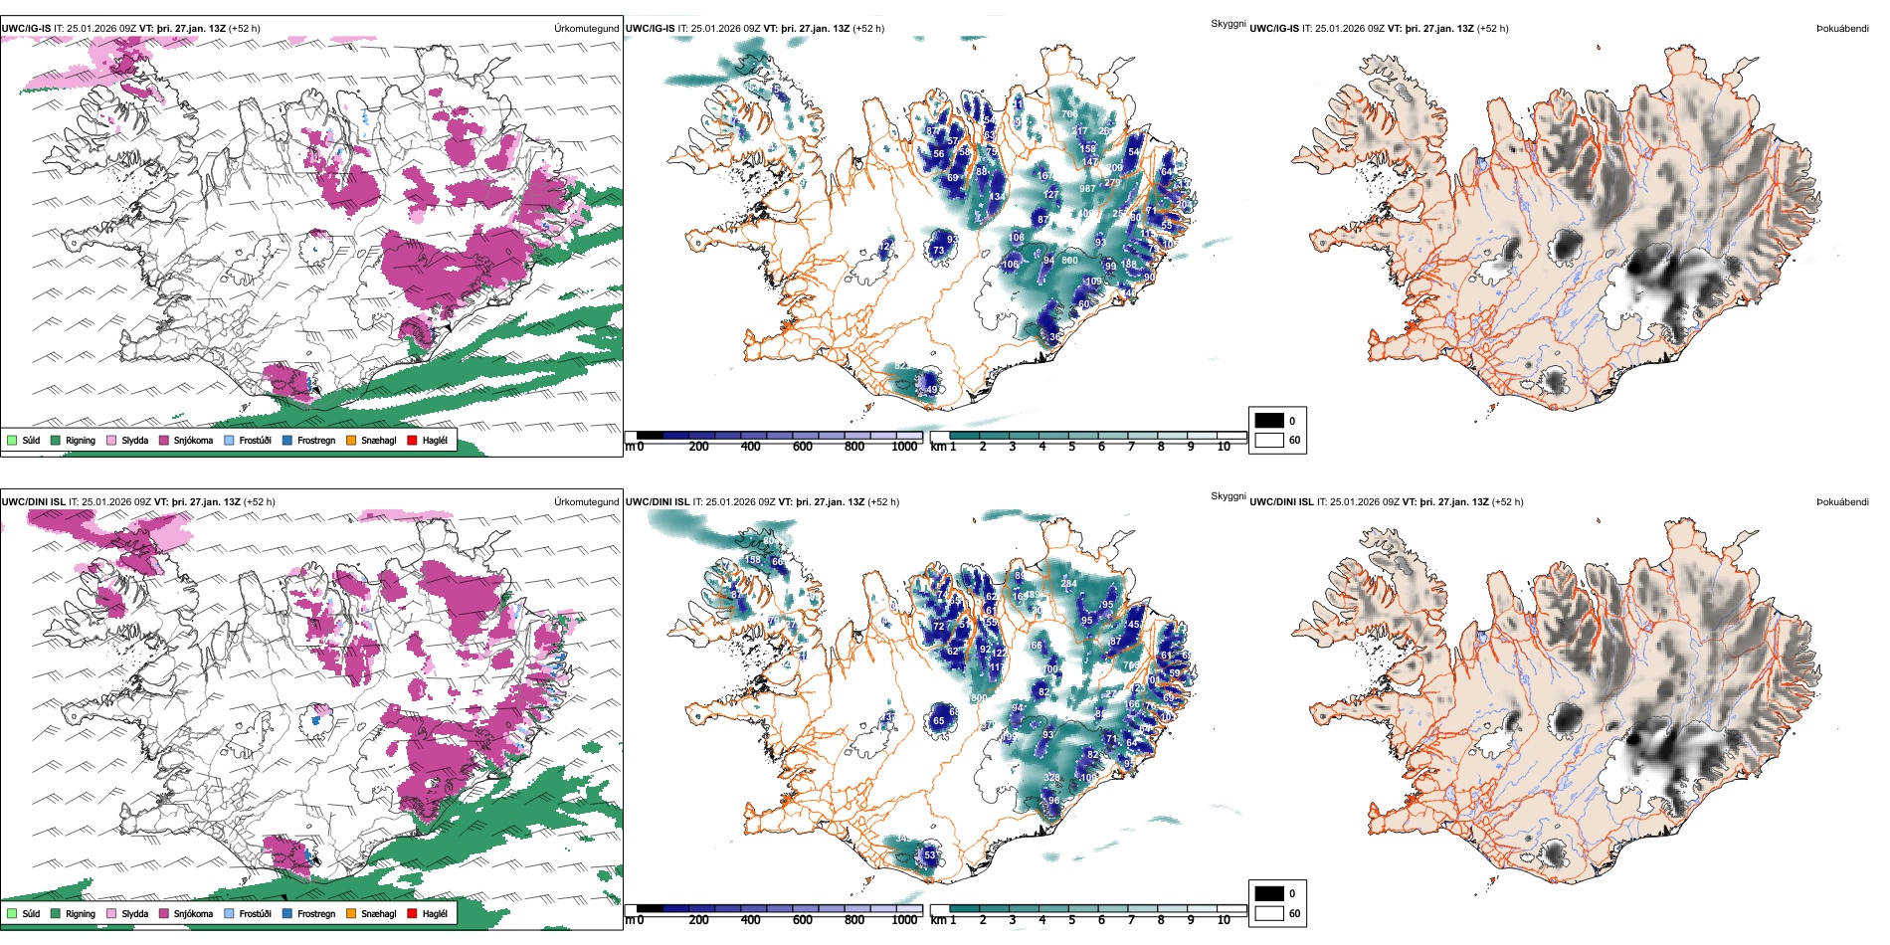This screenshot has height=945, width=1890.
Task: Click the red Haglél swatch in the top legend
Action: pos(412,440)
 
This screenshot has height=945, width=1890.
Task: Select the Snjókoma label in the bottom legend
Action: pos(193,913)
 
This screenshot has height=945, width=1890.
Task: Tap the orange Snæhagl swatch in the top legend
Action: pos(351,440)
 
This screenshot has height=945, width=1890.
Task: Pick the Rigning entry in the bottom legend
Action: pos(81,913)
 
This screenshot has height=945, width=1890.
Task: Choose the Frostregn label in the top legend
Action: pos(316,440)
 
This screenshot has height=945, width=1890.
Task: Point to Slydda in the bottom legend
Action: pos(135,913)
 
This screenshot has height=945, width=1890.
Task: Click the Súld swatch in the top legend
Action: pos(12,440)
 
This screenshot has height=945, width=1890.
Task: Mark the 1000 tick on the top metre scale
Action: pos(904,447)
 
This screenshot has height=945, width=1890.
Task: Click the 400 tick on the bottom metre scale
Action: pos(751,920)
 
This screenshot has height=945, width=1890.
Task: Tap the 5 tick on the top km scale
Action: pos(1072,447)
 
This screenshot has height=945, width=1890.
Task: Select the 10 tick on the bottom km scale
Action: pos(1224,920)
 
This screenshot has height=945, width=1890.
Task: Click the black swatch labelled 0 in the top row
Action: pos(1269,420)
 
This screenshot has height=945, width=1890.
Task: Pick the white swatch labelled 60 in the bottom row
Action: pos(1269,913)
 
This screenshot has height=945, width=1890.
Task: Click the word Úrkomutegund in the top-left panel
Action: pos(586,28)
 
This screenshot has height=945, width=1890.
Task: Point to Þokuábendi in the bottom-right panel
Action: pos(1842,501)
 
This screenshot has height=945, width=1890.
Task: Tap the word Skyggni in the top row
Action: pos(1228,23)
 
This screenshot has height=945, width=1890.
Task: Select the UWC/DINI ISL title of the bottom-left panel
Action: pos(33,501)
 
